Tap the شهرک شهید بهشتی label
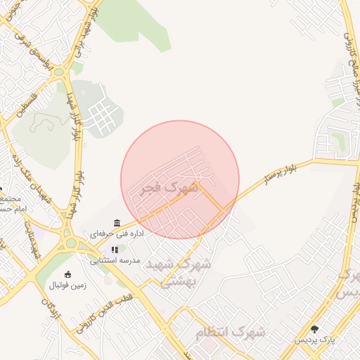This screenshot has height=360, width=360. click(x=186, y=272)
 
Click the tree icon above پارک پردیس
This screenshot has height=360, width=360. click(x=314, y=329)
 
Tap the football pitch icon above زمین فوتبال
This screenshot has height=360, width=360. click(x=67, y=274)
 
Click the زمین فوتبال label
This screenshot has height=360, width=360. click(x=65, y=285)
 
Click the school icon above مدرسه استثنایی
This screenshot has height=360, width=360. click(x=115, y=250)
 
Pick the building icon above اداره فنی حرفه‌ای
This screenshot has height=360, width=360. click(x=116, y=224)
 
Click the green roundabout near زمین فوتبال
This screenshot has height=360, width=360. click(x=70, y=244)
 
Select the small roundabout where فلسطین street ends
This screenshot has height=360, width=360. click(x=59, y=71)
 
